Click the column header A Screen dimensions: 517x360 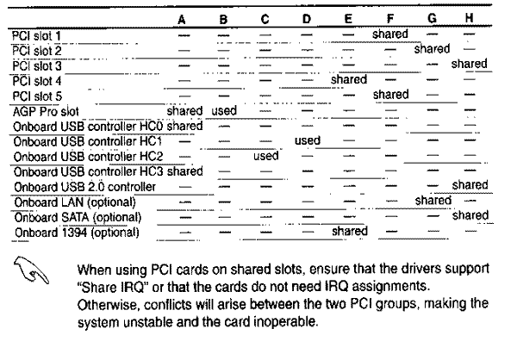181,20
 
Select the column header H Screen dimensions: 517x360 470,18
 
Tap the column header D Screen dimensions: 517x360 307,19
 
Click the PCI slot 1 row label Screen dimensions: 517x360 36,36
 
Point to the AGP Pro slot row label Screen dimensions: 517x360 46,112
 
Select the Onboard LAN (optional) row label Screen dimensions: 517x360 75,202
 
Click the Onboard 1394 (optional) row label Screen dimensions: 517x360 77,233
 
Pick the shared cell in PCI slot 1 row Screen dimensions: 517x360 390,34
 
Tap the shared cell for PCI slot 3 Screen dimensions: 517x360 470,64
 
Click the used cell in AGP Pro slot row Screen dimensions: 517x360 224,110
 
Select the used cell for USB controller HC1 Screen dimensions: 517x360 308,140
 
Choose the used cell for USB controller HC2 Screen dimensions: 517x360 265,156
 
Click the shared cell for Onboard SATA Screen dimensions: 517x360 470,215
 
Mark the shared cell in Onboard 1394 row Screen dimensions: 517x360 350,231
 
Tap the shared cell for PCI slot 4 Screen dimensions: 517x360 349,79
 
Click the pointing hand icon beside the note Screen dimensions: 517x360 31,270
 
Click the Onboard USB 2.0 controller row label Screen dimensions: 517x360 84,187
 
